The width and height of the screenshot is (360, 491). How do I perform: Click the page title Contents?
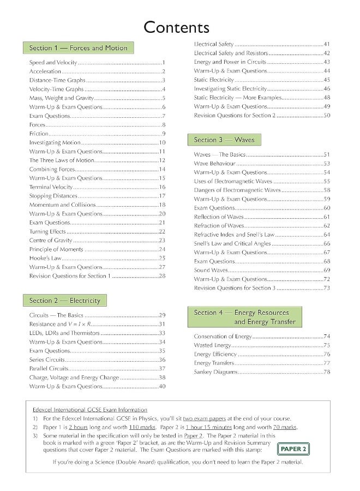pos(176,27)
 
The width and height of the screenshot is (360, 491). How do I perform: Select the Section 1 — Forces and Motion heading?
pos(78,48)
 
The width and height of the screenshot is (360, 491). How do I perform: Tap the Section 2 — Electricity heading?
pos(64,301)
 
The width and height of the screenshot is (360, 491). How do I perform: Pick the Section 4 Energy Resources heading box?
pos(241,317)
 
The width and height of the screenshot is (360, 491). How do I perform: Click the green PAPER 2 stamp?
pos(293,449)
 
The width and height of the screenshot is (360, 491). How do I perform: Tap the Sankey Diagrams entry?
pos(216,372)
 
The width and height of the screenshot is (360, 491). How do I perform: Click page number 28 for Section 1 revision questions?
pos(162,276)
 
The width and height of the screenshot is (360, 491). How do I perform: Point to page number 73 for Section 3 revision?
pos(327,288)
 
